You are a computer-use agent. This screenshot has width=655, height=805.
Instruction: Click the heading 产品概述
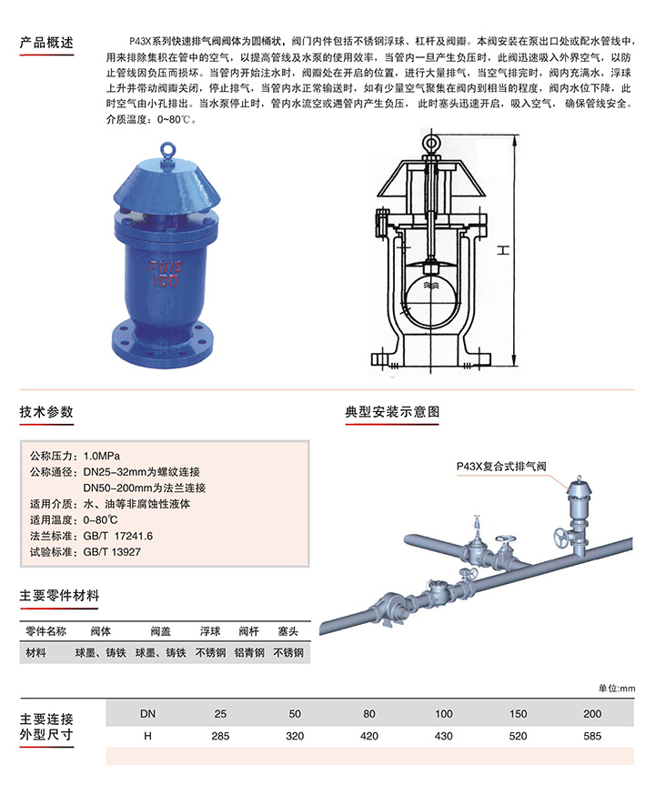(46, 42)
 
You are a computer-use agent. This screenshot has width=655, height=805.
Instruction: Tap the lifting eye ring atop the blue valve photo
(166, 148)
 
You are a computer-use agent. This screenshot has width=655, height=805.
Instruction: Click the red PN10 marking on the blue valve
(166, 267)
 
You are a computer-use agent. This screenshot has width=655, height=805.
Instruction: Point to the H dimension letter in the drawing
(504, 250)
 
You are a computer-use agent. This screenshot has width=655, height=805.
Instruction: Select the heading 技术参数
(46, 412)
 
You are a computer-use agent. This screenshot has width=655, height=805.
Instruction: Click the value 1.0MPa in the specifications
(102, 456)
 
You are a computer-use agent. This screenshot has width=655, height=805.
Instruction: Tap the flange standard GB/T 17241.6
(118, 536)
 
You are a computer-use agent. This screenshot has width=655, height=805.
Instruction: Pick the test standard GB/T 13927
(112, 552)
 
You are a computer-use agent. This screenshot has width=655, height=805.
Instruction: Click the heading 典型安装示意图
(392, 412)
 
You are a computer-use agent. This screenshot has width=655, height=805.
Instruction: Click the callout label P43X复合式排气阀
(501, 466)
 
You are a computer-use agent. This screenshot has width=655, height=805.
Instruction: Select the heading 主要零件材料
(59, 596)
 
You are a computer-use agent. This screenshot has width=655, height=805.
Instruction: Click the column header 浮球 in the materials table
(210, 631)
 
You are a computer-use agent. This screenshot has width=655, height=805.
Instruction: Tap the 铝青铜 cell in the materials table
(249, 652)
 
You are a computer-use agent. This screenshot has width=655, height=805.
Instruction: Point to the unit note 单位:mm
(617, 688)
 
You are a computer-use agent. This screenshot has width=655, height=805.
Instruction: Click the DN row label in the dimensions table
(148, 714)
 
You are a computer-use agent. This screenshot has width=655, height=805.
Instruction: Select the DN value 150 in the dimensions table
(518, 714)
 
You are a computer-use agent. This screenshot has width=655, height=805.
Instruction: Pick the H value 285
(220, 736)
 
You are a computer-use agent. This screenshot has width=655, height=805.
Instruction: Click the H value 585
(592, 736)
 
